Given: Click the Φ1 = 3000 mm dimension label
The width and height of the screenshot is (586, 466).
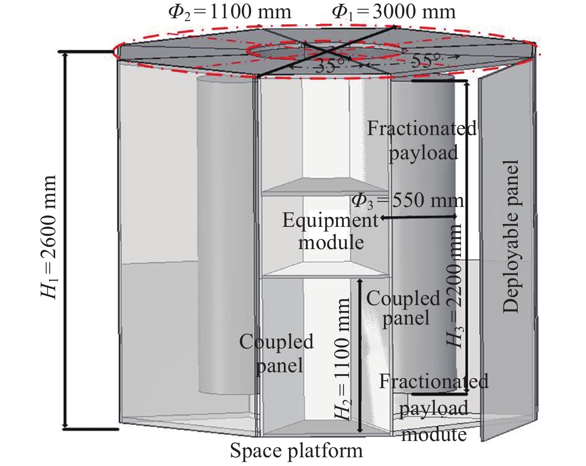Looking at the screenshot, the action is click(394, 12).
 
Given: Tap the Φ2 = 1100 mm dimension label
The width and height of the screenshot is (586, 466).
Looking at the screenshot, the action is click(230, 12).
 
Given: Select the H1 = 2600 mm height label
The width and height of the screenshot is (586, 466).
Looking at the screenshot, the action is click(49, 237).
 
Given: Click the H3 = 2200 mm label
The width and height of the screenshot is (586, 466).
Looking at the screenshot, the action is click(454, 286).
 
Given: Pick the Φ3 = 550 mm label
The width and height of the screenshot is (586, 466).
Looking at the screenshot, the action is click(407, 201).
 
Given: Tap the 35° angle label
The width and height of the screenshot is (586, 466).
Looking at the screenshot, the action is click(330, 66).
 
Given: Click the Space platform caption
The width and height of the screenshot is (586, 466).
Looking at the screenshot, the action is click(296, 451).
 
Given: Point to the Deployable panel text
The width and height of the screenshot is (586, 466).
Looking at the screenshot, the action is click(510, 236).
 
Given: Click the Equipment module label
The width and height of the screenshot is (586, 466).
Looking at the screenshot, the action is click(331, 231).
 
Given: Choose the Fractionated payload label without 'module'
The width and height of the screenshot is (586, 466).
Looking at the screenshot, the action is click(422, 140).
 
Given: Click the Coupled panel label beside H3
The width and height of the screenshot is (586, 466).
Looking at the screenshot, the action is click(403, 308).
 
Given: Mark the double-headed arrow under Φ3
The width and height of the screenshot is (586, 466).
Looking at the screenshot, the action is click(419, 217).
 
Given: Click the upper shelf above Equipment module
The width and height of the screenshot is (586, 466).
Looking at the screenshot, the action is click(325, 187).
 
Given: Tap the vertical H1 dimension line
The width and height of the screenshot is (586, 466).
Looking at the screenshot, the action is click(65, 240).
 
